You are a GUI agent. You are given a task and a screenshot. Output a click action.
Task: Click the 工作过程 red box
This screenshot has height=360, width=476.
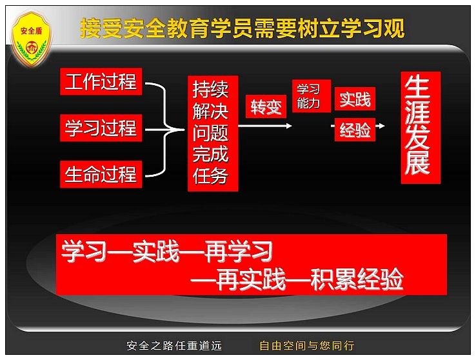[101, 81]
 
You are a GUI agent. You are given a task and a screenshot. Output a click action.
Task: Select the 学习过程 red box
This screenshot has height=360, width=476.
[101, 128]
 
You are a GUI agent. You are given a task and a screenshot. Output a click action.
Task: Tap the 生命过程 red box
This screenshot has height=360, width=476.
[101, 174]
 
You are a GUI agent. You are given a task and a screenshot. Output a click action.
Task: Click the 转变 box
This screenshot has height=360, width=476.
[266, 106]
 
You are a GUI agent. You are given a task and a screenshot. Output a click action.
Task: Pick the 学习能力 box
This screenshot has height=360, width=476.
[311, 96]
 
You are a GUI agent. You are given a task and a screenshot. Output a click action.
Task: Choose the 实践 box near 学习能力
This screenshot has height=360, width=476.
[355, 99]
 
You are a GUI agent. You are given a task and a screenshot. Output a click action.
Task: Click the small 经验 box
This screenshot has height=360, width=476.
[355, 130]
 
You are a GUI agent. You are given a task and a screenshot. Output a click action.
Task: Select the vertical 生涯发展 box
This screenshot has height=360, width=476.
[421, 128]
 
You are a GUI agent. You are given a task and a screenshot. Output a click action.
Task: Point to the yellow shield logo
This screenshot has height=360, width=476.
[31, 39]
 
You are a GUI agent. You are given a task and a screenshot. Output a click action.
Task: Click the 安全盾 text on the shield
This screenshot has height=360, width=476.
[31, 31]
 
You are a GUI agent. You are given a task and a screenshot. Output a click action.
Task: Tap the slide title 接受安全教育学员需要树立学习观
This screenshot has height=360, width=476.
[243, 28]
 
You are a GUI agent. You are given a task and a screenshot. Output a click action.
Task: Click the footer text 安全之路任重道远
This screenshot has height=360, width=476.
[174, 345]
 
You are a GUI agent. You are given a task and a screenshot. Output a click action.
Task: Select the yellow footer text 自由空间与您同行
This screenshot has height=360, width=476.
[307, 345]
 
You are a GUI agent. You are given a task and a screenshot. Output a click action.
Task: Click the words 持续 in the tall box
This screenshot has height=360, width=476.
[210, 90]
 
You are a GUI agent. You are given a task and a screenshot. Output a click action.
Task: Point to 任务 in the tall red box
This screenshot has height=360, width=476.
[210, 175]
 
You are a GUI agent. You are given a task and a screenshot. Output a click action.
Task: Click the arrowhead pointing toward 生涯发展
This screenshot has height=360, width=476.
[382, 126]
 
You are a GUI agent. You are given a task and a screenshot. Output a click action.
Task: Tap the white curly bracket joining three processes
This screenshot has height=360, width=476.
[165, 130]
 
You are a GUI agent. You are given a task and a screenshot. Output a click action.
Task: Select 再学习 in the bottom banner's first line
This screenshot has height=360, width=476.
[238, 251]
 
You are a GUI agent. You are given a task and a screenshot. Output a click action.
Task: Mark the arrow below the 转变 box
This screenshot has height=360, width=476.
[265, 126]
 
